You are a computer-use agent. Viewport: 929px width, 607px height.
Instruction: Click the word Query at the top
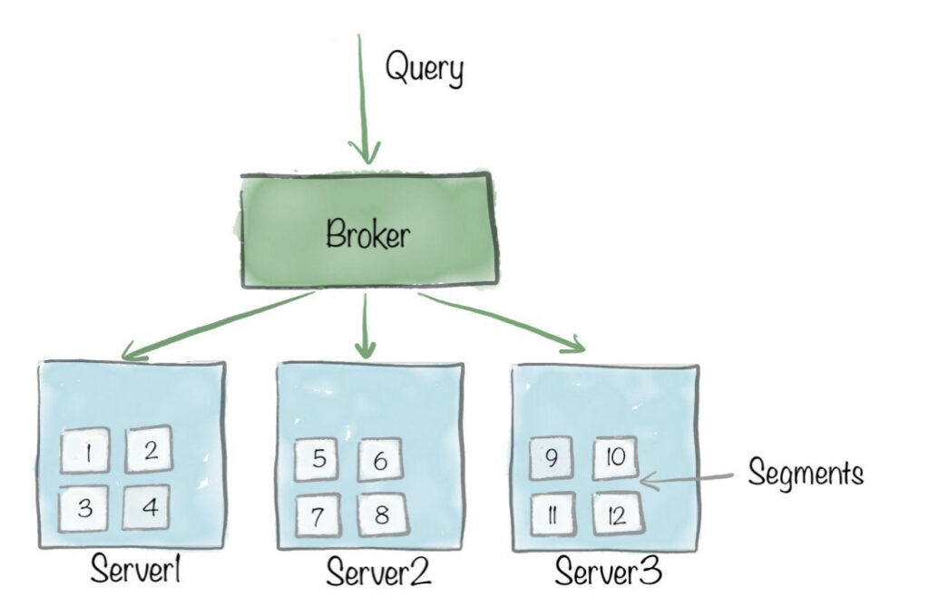(424, 68)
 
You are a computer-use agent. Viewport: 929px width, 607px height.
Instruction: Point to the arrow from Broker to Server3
(504, 321)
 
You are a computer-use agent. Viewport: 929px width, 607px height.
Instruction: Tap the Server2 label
(377, 573)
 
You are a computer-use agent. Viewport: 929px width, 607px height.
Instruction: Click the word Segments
(805, 472)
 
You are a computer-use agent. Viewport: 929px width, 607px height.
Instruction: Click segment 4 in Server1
(151, 507)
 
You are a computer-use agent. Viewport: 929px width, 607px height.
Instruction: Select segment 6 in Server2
(381, 462)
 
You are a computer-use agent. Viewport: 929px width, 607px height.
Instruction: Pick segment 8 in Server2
(382, 514)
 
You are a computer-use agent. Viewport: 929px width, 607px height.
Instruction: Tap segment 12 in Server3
(617, 514)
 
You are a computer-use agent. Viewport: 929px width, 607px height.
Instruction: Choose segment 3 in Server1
(85, 507)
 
